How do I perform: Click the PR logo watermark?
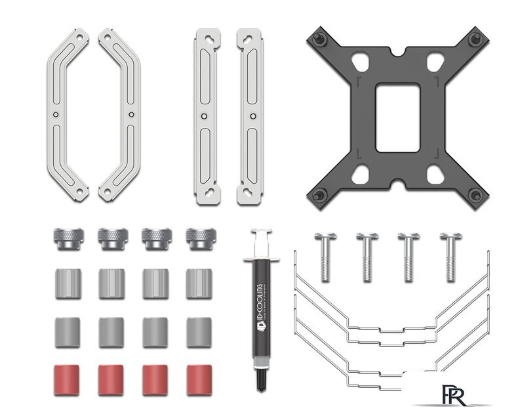click(x=454, y=395)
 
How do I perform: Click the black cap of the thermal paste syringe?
click(x=262, y=381)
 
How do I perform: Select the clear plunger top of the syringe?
click(x=262, y=243)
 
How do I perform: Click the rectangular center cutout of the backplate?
click(x=398, y=117)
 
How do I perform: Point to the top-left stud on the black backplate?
click(x=319, y=39)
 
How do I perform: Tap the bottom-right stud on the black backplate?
click(x=476, y=195)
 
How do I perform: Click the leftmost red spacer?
click(x=66, y=380)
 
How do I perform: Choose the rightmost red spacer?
click(x=199, y=380)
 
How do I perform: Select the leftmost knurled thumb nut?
click(x=69, y=239)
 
